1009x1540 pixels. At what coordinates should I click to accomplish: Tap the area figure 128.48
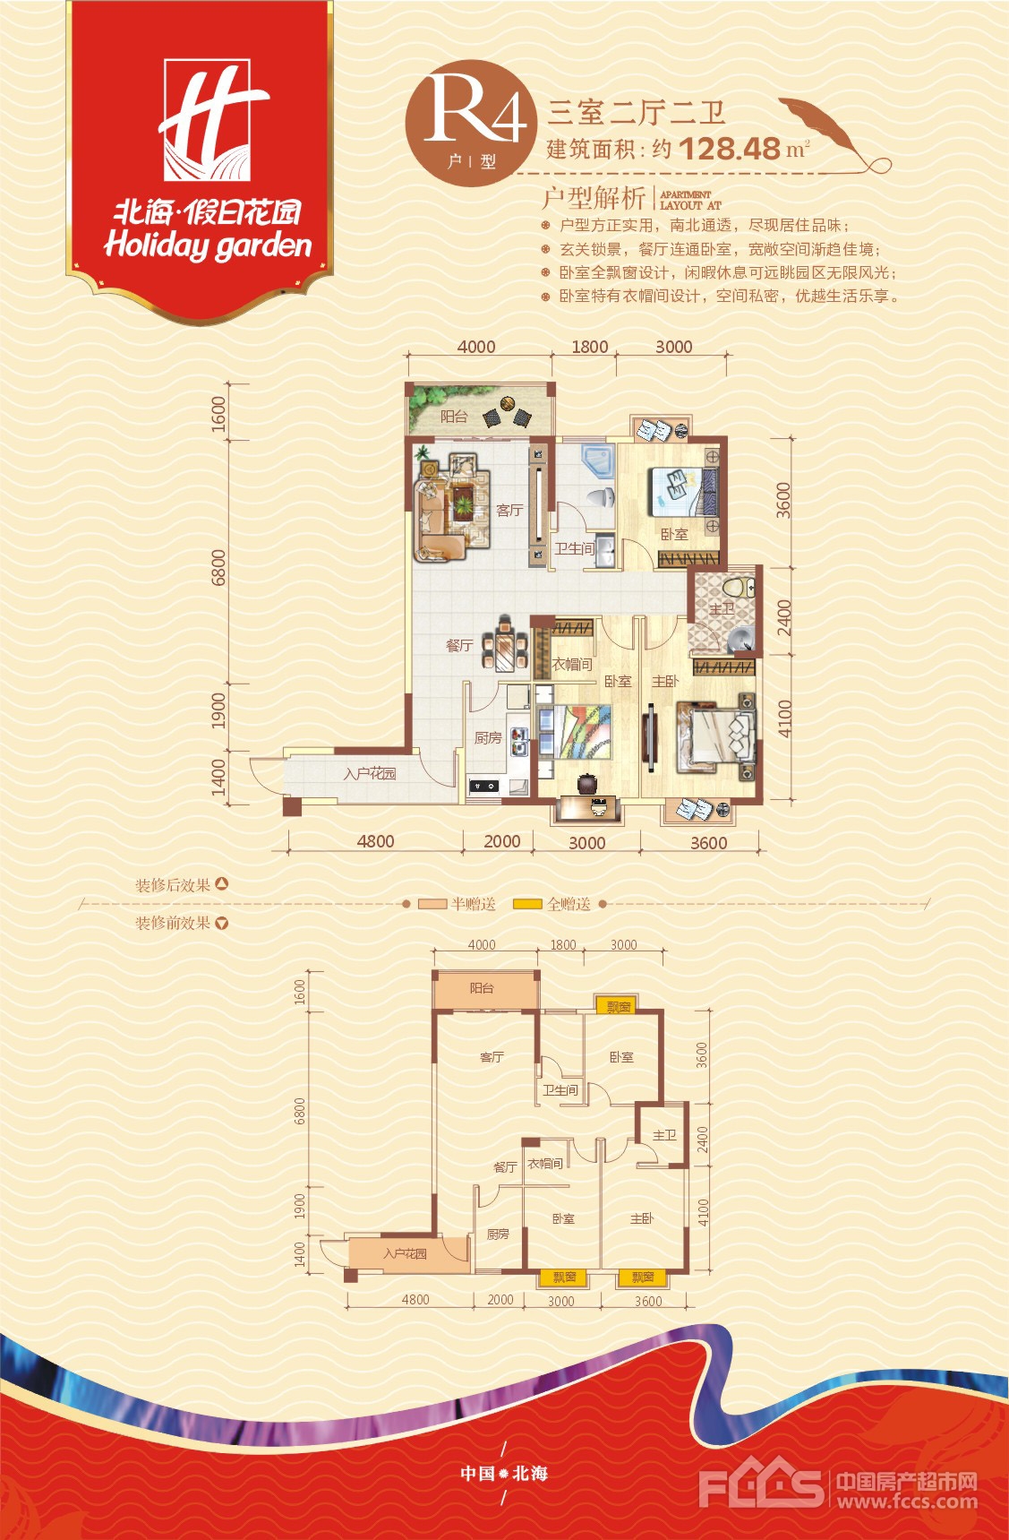[x=730, y=149]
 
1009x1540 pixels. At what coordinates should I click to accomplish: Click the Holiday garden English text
[x=208, y=245]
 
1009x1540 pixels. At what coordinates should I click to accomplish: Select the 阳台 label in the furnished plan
[x=454, y=416]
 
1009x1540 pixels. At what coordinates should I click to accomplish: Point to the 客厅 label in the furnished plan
[x=509, y=510]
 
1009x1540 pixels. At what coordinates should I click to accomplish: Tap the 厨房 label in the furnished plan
[x=488, y=737]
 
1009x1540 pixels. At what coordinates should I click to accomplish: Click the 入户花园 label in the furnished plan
[x=370, y=773]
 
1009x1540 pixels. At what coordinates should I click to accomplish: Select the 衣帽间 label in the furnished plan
[x=572, y=664]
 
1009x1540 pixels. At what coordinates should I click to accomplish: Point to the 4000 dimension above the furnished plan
[x=476, y=347]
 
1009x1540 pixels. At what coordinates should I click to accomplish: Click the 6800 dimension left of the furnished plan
[x=218, y=568]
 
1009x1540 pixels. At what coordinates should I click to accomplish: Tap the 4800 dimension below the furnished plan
[x=375, y=841]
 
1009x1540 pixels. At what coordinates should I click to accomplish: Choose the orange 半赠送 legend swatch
[x=432, y=904]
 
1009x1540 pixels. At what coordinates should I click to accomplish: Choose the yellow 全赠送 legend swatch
[x=527, y=904]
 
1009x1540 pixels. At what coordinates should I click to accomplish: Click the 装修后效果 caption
[x=173, y=885]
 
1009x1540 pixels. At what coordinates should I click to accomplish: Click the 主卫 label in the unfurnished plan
[x=664, y=1135]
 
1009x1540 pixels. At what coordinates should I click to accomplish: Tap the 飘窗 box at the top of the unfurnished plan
[x=619, y=1007]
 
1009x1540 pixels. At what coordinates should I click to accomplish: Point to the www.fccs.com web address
[x=906, y=1501]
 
